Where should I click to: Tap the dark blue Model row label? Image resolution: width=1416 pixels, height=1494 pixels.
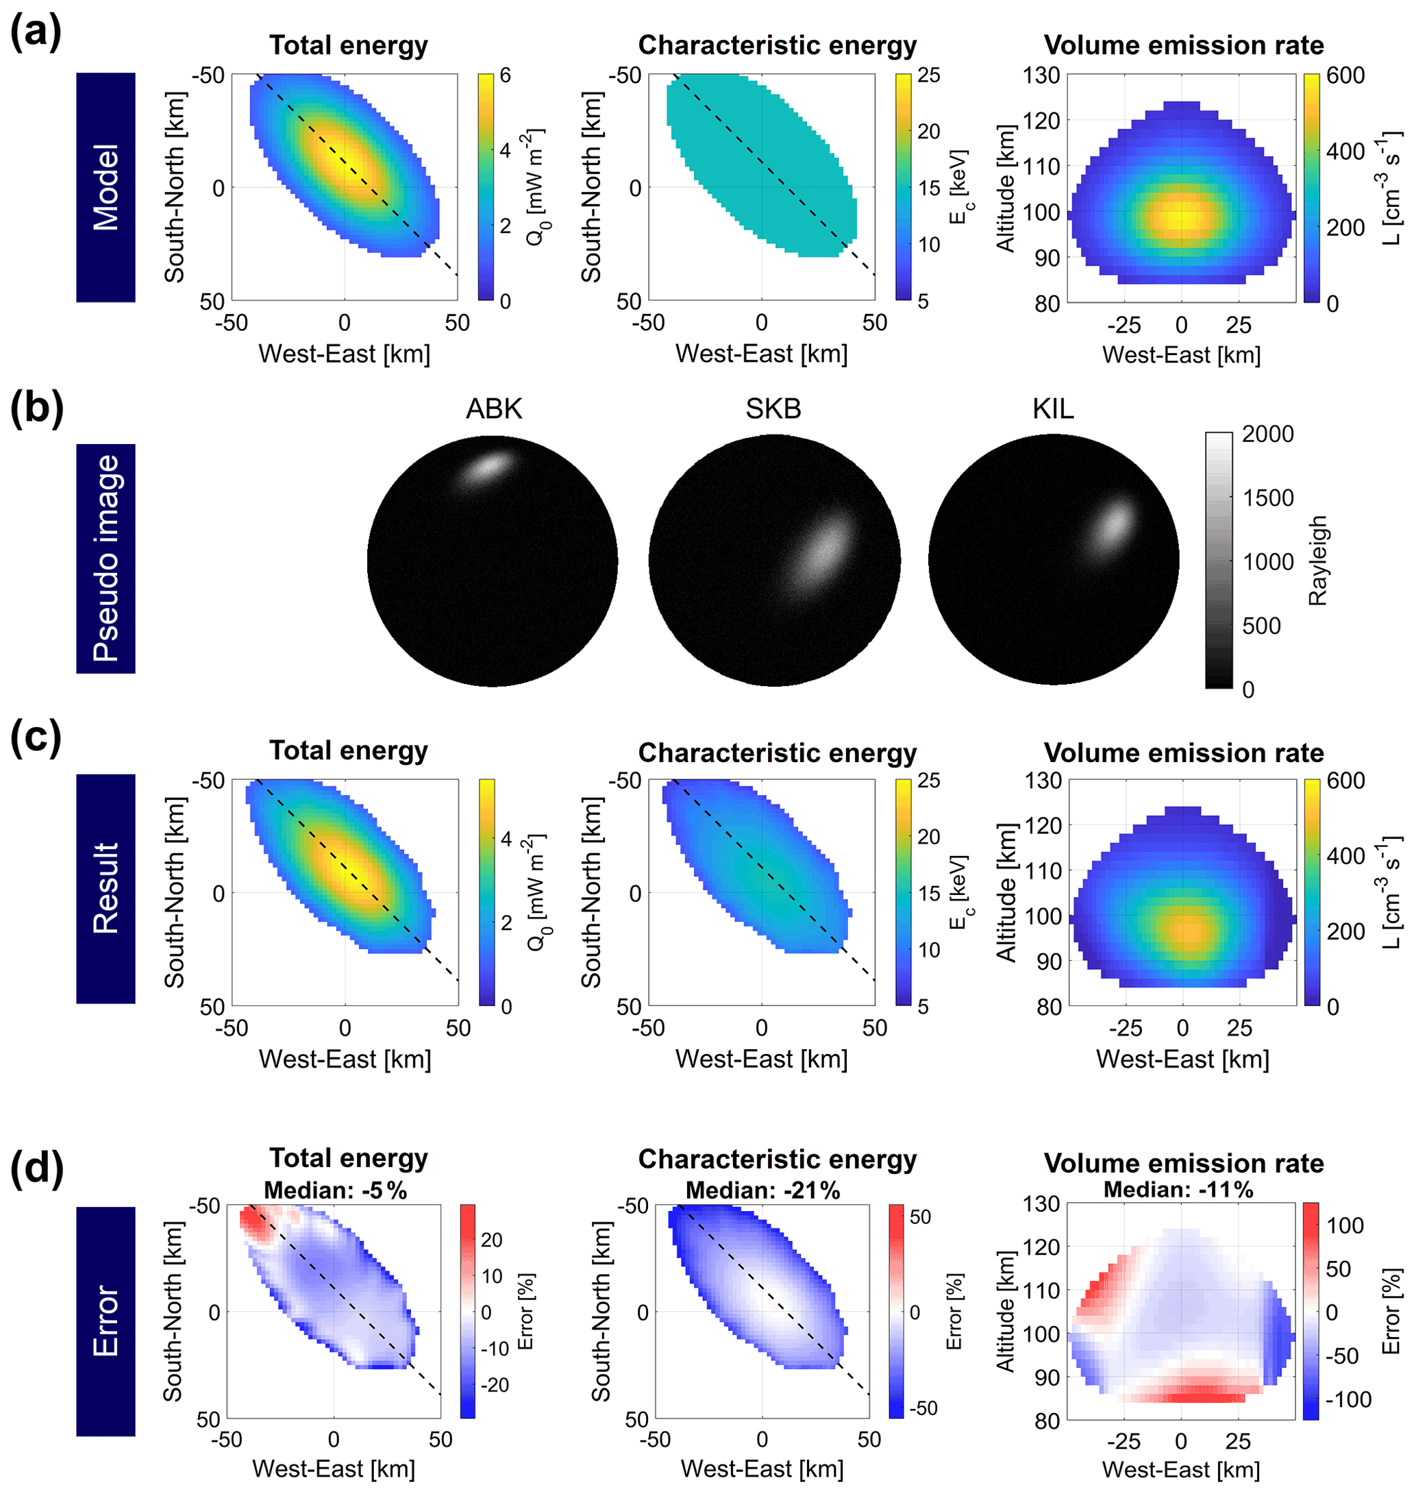(105, 187)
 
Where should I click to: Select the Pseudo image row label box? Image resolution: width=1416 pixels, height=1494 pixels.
(105, 558)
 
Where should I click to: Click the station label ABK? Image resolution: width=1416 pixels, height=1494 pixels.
(494, 408)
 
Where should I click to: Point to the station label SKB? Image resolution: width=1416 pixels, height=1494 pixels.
(773, 408)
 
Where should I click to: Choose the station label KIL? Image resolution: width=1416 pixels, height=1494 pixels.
(1053, 408)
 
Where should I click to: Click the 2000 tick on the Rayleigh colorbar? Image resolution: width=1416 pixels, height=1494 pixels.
(1267, 434)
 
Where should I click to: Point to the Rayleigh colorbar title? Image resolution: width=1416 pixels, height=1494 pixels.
(1317, 560)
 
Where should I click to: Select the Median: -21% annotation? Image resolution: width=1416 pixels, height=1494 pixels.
(762, 1190)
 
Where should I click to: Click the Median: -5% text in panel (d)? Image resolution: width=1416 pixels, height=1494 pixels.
(335, 1190)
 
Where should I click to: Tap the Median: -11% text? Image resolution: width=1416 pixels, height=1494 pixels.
(1178, 1190)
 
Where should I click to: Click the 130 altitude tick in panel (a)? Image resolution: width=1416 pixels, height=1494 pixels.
(1042, 75)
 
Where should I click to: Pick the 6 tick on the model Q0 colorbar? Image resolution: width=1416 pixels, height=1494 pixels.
(505, 75)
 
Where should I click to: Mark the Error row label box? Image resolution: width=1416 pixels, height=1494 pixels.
(105, 1321)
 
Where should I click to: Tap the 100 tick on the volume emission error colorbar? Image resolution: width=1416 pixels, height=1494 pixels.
(1344, 1225)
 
